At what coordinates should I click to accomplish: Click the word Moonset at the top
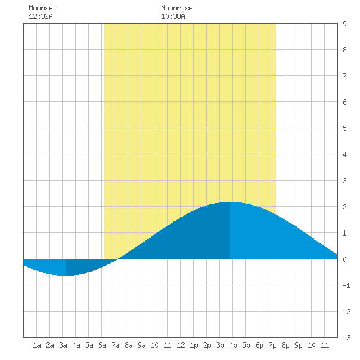click(43, 8)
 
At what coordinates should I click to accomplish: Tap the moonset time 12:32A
click(41, 16)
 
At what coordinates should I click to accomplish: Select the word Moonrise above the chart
click(177, 8)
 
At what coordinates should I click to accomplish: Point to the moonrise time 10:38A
click(173, 16)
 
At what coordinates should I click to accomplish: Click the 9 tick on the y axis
click(344, 24)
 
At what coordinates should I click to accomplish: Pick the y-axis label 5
click(344, 128)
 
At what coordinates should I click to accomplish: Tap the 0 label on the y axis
click(344, 259)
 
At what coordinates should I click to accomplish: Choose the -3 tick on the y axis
click(346, 338)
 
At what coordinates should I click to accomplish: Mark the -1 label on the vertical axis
click(346, 285)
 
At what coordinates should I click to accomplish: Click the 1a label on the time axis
click(37, 345)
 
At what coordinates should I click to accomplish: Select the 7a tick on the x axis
click(115, 345)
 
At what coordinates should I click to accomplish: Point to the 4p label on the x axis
click(233, 345)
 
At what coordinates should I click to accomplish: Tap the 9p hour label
click(298, 345)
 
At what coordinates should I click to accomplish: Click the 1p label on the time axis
click(194, 345)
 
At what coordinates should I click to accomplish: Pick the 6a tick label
click(102, 345)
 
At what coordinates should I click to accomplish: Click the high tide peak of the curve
click(230, 202)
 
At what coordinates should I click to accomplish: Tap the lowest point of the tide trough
click(66, 275)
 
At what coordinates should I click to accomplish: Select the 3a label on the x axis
click(63, 345)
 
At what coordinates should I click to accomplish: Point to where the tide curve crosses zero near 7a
click(117, 259)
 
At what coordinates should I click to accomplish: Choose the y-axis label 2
click(344, 207)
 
